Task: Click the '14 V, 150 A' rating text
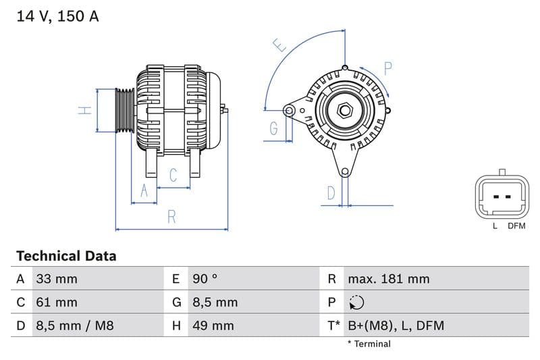(x=57, y=16)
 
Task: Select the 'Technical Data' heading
(x=66, y=256)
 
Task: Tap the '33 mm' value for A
(x=57, y=279)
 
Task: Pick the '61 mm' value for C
(x=57, y=303)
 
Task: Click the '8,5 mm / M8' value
(x=75, y=326)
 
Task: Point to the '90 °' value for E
(x=205, y=279)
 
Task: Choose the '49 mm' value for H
(x=213, y=326)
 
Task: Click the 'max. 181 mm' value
(x=388, y=279)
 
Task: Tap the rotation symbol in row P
(x=357, y=303)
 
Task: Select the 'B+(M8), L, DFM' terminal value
(x=396, y=326)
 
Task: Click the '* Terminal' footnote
(x=369, y=344)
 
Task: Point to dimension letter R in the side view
(x=172, y=217)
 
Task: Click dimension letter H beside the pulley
(x=84, y=110)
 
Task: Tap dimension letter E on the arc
(x=279, y=46)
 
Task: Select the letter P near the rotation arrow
(x=388, y=68)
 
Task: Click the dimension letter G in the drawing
(x=273, y=128)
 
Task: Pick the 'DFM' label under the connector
(x=516, y=226)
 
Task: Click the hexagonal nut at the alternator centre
(x=344, y=109)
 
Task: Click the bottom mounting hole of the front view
(x=345, y=172)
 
